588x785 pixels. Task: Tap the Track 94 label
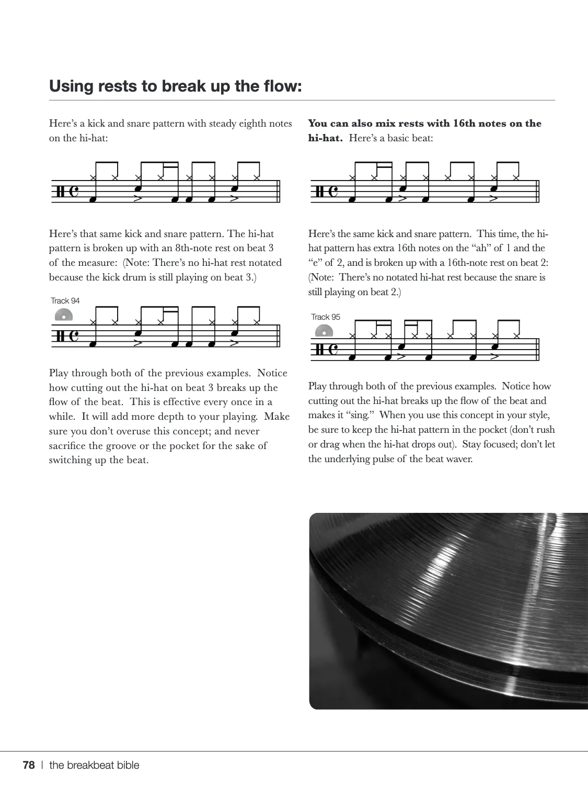click(x=65, y=301)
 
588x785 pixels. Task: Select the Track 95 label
click(x=326, y=317)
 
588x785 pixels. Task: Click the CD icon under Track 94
click(x=63, y=315)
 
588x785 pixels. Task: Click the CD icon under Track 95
click(x=324, y=331)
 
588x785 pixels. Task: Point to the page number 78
click(x=29, y=765)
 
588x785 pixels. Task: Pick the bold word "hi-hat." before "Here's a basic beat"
click(x=325, y=138)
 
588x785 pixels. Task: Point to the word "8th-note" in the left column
click(x=197, y=248)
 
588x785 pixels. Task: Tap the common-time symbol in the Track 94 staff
click(x=74, y=335)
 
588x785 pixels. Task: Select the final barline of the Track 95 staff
click(x=538, y=350)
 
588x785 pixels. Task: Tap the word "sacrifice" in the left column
click(x=75, y=446)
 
